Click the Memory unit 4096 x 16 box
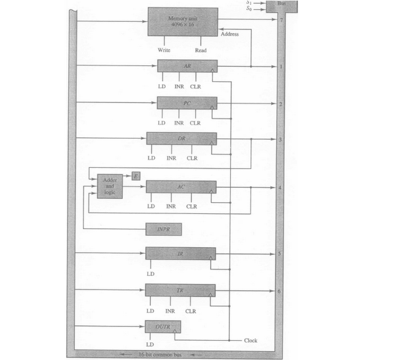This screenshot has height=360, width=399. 183,21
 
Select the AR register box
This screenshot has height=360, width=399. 187,66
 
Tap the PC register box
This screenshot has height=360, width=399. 187,102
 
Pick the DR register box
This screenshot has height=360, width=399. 181,139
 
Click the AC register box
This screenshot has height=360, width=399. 181,187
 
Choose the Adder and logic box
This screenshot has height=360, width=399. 110,186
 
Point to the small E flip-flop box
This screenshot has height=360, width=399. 135,176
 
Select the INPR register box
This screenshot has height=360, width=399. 163,230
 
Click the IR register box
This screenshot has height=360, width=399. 180,253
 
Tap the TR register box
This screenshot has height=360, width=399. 180,290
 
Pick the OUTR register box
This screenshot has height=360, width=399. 163,326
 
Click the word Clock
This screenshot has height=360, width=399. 251,341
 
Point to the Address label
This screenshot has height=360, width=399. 230,34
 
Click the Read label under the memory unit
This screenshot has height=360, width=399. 201,50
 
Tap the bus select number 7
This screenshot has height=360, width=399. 282,19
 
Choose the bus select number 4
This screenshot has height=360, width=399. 281,187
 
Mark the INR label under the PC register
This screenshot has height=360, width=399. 179,123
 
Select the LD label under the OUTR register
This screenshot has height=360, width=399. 150,344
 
